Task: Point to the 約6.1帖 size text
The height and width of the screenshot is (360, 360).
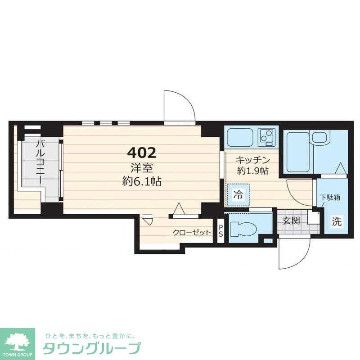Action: (x=144, y=182)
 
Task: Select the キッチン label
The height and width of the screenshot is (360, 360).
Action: (x=253, y=160)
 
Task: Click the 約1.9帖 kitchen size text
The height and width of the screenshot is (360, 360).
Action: (x=253, y=171)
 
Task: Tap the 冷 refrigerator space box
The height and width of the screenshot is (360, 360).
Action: (x=238, y=195)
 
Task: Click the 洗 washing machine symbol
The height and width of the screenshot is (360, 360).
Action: (x=337, y=221)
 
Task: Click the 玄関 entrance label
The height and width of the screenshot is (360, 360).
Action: (x=291, y=221)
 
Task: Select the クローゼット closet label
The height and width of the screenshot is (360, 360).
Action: (x=192, y=233)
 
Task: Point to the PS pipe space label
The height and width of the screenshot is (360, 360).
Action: (x=220, y=230)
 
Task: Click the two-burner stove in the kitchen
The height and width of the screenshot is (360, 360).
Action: (x=266, y=136)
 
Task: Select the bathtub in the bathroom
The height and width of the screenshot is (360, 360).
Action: (x=297, y=151)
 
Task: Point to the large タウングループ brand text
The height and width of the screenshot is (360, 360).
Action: (x=92, y=348)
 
